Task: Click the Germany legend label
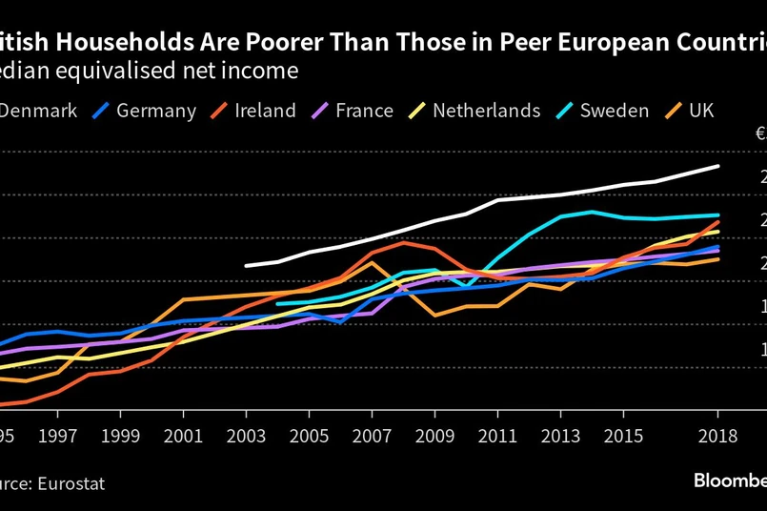[156, 111]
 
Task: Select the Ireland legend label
[265, 111]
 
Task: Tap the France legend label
[364, 111]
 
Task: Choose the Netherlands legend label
[486, 111]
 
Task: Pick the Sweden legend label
[616, 111]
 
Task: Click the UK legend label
[700, 111]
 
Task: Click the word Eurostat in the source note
[71, 483]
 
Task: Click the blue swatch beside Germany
[99, 111]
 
